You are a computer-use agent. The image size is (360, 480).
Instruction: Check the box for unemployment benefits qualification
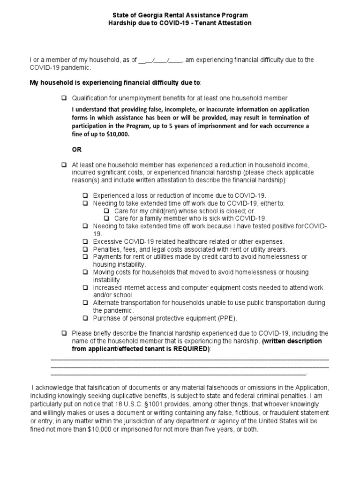pos(64,98)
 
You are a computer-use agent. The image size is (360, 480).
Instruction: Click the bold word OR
pos(76,149)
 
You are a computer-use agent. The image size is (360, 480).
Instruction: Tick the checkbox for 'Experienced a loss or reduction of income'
pos(86,195)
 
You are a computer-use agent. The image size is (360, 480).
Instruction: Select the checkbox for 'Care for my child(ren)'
pos(106,211)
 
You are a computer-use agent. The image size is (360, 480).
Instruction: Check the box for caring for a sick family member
pos(106,218)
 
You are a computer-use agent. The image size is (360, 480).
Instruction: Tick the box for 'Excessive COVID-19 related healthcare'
pos(86,241)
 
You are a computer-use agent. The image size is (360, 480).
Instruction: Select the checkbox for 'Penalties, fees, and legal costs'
pos(86,249)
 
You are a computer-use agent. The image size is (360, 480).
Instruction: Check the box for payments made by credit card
pos(86,257)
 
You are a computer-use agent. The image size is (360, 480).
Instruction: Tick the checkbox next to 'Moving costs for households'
pos(86,272)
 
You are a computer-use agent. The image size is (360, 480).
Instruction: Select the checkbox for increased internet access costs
pos(86,287)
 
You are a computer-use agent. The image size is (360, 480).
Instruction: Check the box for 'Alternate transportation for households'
pos(86,303)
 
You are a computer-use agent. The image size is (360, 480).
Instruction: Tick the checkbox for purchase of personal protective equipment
pos(86,318)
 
